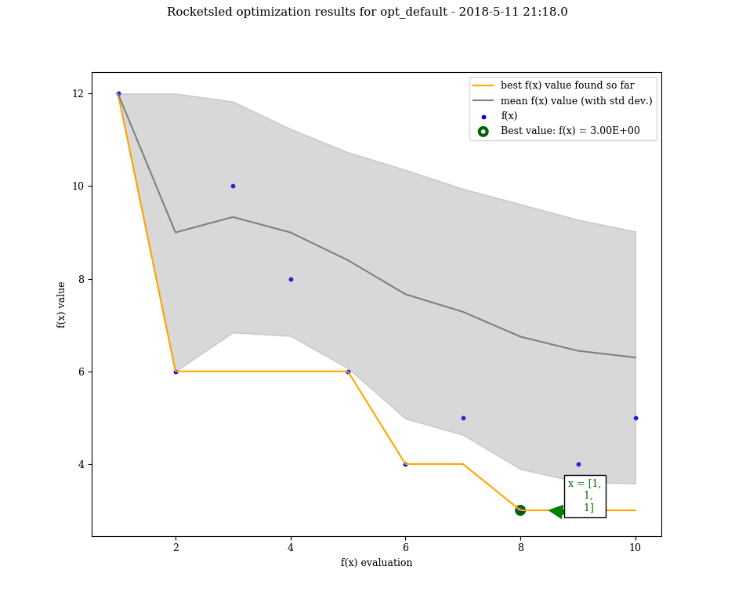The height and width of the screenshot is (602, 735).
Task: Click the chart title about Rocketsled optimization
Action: tap(367, 13)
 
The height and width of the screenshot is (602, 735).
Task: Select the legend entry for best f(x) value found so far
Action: tap(567, 85)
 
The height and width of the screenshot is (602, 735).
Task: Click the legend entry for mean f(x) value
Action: tap(576, 101)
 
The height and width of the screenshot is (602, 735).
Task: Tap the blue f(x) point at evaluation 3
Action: tap(233, 186)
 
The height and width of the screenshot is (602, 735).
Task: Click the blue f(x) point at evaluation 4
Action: tap(291, 279)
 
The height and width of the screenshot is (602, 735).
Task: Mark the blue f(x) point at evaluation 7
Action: tap(463, 418)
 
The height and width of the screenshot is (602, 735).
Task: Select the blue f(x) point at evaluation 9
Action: tap(578, 464)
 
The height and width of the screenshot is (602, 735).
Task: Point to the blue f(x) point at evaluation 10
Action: tap(635, 418)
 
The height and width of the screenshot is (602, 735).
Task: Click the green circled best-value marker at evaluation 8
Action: tap(520, 510)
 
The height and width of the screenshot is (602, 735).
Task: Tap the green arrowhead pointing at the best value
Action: tap(557, 511)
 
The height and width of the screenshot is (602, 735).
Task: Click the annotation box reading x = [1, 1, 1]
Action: tap(585, 496)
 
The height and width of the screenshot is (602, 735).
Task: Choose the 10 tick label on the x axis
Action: tap(635, 548)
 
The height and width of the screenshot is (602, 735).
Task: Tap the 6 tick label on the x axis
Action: tap(405, 548)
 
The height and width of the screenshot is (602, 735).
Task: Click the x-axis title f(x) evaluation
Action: tap(376, 563)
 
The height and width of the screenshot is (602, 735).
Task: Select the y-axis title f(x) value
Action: tap(61, 304)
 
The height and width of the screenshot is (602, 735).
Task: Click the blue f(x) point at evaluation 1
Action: tap(118, 93)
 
